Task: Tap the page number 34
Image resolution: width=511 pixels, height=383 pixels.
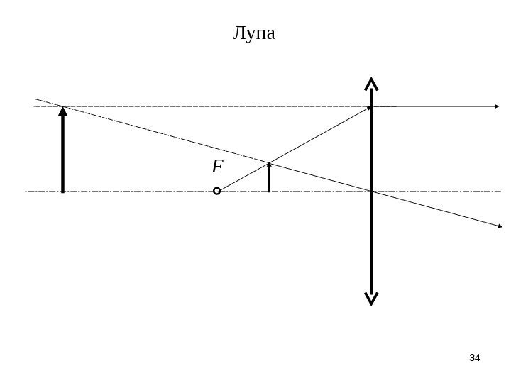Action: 475,357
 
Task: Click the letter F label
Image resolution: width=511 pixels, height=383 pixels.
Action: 217,167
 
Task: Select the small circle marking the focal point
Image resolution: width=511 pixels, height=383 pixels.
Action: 217,191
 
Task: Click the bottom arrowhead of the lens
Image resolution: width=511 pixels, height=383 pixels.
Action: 370,299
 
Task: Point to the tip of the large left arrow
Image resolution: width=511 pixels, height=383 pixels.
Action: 63,108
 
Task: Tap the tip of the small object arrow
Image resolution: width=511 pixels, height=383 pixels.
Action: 270,163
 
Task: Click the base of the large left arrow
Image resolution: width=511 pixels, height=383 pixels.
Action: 63,191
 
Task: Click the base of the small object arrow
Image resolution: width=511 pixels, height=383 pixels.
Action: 270,191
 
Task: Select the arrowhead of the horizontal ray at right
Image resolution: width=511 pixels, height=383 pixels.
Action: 498,106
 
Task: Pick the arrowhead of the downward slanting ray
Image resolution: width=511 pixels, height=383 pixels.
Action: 499,226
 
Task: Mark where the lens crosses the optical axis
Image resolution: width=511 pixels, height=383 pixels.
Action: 370,191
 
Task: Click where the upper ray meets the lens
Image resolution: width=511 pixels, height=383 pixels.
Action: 370,107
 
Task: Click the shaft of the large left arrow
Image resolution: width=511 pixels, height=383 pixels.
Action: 63,152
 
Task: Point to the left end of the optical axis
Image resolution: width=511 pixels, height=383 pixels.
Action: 26,191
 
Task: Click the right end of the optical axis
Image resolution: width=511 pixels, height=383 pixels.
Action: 500,191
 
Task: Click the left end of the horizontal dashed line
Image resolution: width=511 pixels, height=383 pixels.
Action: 35,107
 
